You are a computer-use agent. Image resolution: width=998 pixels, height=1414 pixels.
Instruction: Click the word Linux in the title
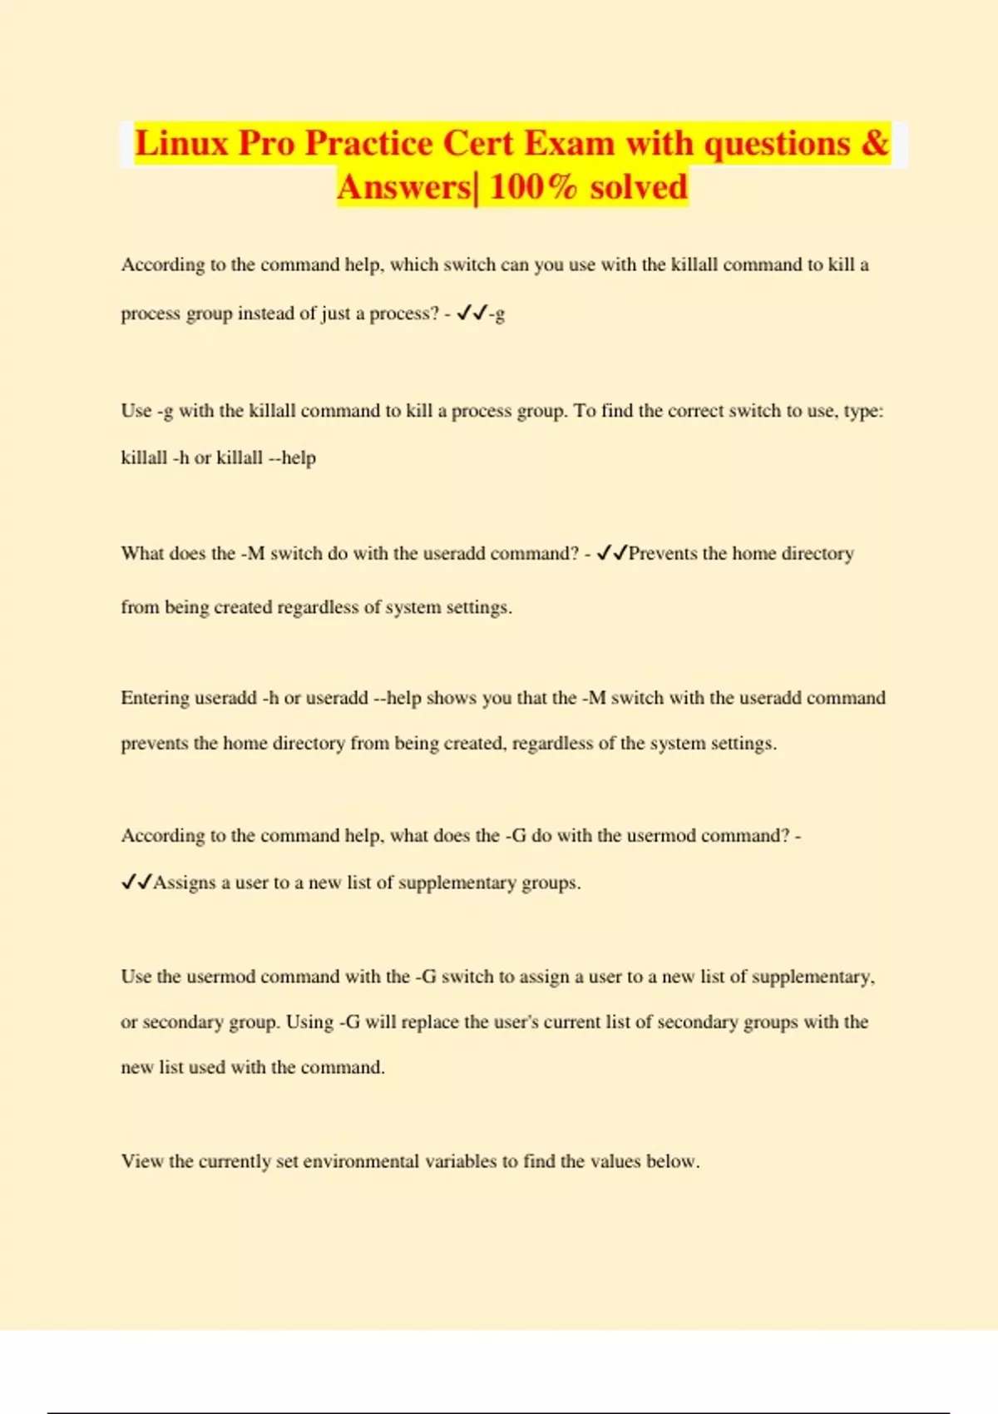(181, 143)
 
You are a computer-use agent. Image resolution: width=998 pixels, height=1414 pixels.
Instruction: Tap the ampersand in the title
(875, 143)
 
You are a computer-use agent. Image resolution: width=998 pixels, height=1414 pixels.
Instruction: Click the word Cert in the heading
(477, 143)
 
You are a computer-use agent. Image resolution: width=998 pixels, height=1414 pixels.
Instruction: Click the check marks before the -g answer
(472, 313)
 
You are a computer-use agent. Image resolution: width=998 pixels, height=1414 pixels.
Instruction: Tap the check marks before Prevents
(612, 553)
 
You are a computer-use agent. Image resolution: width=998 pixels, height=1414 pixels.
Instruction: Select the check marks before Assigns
(136, 883)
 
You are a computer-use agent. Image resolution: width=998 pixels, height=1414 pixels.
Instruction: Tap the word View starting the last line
(142, 1161)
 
